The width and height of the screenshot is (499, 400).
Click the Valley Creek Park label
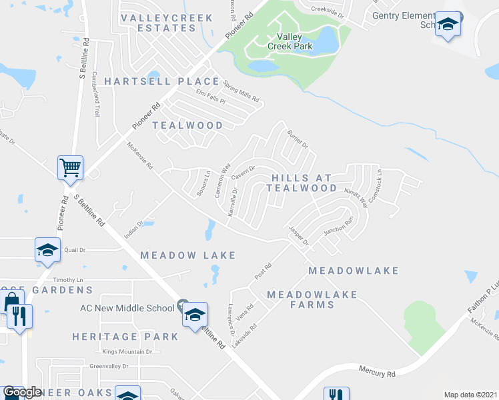tap(285, 42)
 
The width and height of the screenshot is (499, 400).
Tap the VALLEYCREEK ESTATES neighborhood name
tap(166, 23)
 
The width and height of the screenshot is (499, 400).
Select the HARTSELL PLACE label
tap(161, 81)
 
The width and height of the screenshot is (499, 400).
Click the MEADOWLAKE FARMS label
tap(312, 299)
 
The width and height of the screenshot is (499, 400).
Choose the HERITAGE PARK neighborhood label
tap(125, 337)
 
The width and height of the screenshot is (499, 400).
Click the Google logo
tap(21, 393)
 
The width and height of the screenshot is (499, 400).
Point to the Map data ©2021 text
tap(470, 395)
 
